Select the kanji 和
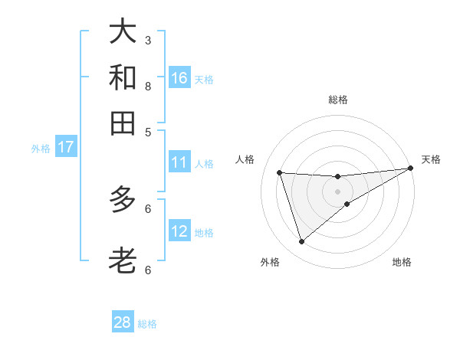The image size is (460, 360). point(123,77)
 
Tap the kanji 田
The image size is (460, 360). point(123,123)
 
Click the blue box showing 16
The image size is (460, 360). point(179,78)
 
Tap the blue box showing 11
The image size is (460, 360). point(179,162)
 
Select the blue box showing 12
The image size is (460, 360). point(179,231)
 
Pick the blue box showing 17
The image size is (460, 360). point(65,147)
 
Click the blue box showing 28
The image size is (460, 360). point(123,322)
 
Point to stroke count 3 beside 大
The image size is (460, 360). point(148,40)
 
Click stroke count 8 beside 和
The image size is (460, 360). point(148,86)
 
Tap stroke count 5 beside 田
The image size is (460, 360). point(148,131)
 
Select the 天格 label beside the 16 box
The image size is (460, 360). point(204,79)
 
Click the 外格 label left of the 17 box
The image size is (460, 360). point(40,149)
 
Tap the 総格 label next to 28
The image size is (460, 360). point(147,324)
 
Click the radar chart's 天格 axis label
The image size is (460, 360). point(431,159)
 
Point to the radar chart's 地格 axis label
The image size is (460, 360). point(402,262)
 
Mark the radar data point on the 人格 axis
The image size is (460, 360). point(280,172)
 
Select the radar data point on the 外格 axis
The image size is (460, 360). point(301,242)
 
